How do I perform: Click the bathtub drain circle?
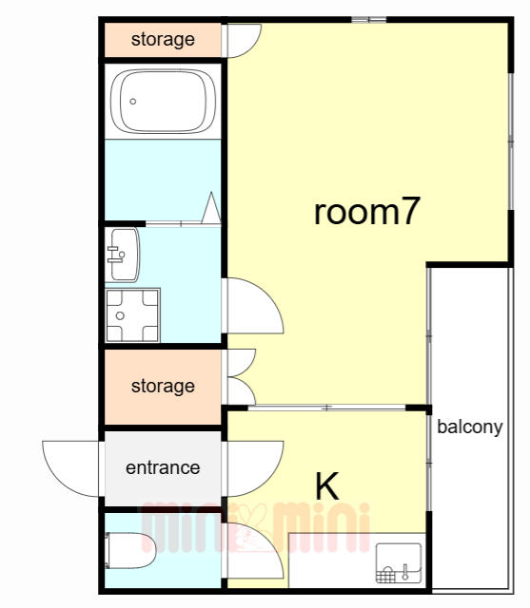[x=133, y=102]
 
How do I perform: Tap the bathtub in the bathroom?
[x=163, y=102]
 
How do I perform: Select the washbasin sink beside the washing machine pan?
[x=123, y=255]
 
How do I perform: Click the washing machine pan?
[x=133, y=315]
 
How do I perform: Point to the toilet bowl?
[x=130, y=551]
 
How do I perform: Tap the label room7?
[x=367, y=212]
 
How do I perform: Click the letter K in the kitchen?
[x=327, y=486]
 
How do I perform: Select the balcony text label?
[x=470, y=427]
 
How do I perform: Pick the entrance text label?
[x=163, y=467]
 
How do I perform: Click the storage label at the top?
[x=163, y=40]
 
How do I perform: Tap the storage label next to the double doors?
[x=163, y=387]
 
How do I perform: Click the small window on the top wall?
[x=369, y=19]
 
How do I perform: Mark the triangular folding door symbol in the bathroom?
[x=211, y=208]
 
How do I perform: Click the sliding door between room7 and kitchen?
[x=326, y=408]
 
